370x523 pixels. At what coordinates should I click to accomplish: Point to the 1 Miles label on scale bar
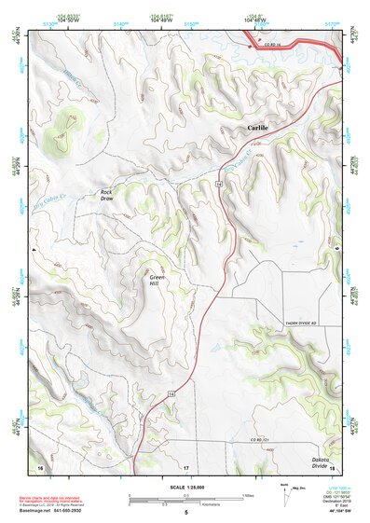246,495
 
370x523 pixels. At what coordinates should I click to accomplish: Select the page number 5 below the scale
185,513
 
